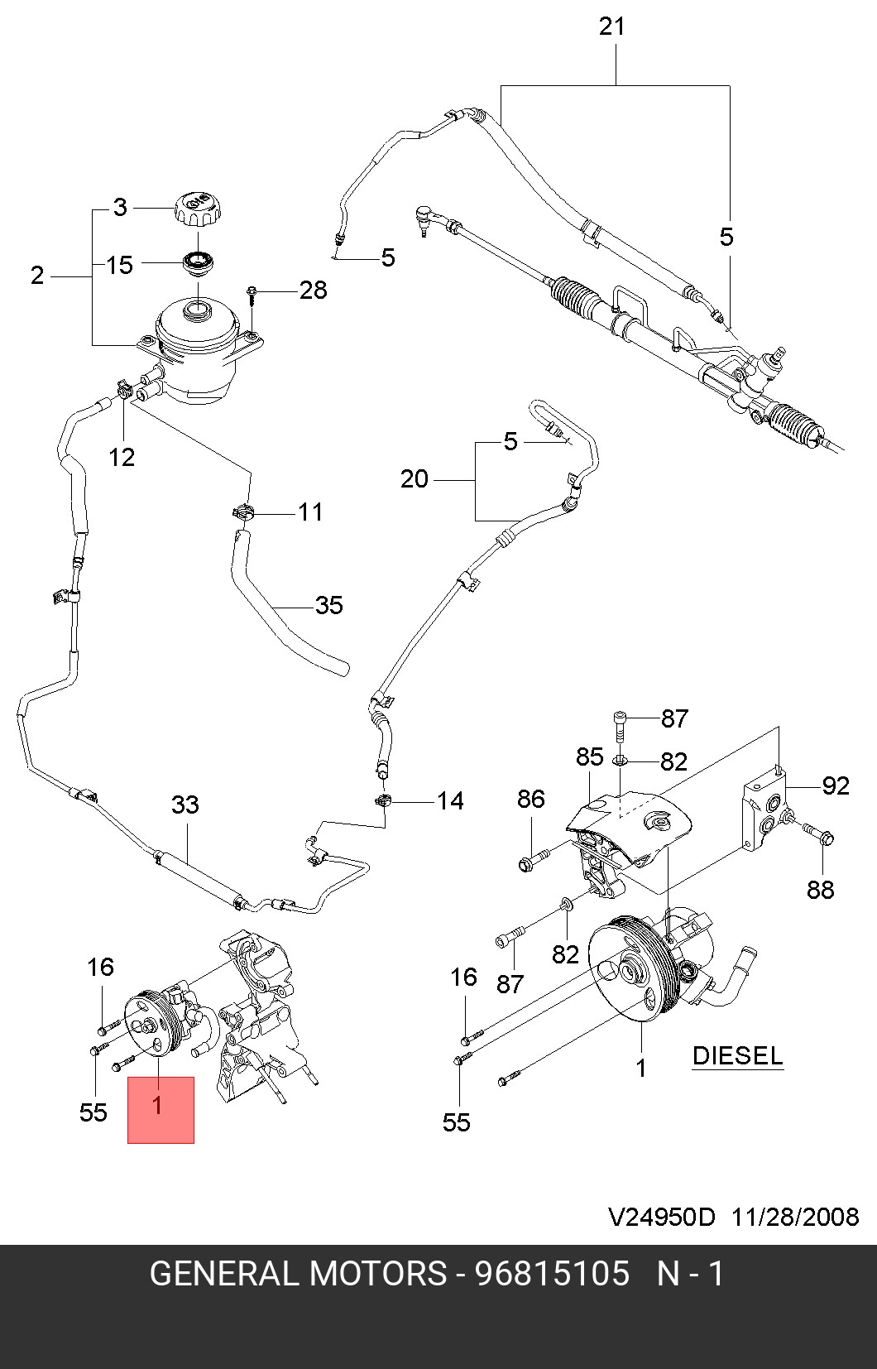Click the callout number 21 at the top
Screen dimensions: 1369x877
pos(611,26)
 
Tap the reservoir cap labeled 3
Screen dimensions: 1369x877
pos(197,208)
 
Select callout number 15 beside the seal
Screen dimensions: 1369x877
pos(120,265)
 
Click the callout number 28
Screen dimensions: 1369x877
pos(313,291)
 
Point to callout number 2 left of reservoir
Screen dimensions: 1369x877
pos(37,275)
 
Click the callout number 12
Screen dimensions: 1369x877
pos(122,457)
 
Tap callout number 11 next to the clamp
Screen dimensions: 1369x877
pos(310,512)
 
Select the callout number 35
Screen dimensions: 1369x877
pos(328,605)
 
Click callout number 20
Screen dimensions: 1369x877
pos(415,479)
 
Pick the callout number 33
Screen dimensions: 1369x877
pos(185,805)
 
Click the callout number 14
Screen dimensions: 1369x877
pos(450,801)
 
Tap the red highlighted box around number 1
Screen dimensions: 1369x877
pos(161,1110)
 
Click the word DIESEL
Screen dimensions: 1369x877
pos(737,1056)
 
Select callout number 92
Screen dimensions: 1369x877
pos(836,785)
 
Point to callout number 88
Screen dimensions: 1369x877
pos(820,890)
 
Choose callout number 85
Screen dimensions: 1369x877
pos(590,757)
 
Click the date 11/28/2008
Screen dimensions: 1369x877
pos(795,1217)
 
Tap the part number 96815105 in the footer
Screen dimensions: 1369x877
pos(551,1274)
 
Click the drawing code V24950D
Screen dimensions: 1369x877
pos(662,1217)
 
